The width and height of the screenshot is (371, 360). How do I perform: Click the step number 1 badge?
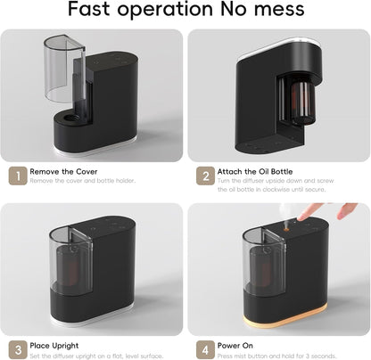coord(18,176)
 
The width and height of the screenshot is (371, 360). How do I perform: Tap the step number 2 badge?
coord(205,176)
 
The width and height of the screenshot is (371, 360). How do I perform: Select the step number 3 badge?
coord(18,349)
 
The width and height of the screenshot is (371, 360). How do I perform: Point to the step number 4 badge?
coord(205,349)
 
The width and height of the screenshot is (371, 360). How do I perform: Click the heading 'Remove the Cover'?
coord(63,172)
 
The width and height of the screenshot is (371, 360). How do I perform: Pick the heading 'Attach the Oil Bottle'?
coord(255,172)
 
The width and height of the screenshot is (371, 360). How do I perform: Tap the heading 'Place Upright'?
coord(54,346)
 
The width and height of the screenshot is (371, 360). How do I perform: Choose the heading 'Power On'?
coord(235,346)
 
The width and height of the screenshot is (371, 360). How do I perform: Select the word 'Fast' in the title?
coord(89,9)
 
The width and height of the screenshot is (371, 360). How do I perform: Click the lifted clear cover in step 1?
coord(64,69)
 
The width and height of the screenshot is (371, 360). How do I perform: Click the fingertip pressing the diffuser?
coord(301,218)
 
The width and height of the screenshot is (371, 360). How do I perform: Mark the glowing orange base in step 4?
coord(284,317)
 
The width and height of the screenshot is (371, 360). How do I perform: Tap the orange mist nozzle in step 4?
coord(286,229)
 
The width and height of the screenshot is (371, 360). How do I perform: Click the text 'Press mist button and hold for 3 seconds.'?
coord(276,356)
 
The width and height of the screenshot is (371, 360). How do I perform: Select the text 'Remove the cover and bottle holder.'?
coord(83,181)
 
